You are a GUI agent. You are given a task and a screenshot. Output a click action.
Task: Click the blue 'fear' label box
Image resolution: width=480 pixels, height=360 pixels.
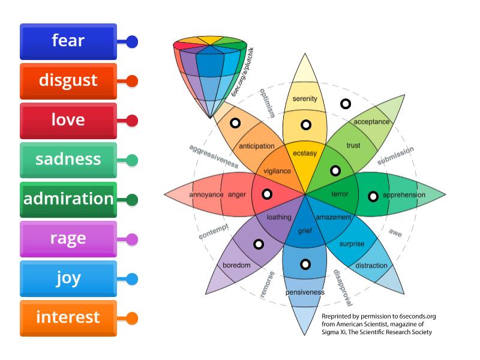coord(68,41)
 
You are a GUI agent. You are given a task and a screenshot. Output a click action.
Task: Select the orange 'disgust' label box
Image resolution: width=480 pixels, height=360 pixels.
coord(68,80)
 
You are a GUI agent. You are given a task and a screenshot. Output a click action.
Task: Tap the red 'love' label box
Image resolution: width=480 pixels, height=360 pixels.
coord(68,120)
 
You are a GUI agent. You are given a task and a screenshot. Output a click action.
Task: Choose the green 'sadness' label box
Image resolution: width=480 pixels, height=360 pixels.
coord(68,160)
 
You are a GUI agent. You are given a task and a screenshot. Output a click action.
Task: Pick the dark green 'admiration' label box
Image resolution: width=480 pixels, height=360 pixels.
coord(68,199)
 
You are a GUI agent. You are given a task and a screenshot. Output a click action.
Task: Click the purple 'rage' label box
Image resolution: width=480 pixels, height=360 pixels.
coord(68,239)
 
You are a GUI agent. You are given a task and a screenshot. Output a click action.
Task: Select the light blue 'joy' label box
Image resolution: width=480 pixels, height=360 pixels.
coord(68,278)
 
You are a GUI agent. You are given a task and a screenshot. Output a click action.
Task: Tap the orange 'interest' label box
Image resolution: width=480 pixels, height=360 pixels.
coord(68,317)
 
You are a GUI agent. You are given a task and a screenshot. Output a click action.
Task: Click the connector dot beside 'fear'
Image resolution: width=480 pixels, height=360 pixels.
coord(132,42)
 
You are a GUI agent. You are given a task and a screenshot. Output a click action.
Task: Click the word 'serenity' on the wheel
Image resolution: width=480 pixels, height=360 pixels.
coord(305,98)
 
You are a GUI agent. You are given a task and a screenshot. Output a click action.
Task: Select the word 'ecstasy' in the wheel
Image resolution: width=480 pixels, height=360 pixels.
coord(305,153)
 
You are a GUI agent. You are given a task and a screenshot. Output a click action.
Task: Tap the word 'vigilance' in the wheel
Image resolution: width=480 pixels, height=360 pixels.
coord(277,171)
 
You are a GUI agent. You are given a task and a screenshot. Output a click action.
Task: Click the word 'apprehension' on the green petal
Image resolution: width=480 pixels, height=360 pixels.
coord(404,195)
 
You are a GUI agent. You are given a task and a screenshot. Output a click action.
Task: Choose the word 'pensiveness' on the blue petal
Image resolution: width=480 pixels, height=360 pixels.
coord(305,292)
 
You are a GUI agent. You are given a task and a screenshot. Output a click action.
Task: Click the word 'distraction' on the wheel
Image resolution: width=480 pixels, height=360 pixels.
coord(371,266)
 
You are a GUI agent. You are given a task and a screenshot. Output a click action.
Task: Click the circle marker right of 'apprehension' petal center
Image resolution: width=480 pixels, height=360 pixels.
coord(373,196)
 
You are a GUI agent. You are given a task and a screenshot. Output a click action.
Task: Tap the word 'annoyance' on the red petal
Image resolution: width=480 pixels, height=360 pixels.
coord(206,195)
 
